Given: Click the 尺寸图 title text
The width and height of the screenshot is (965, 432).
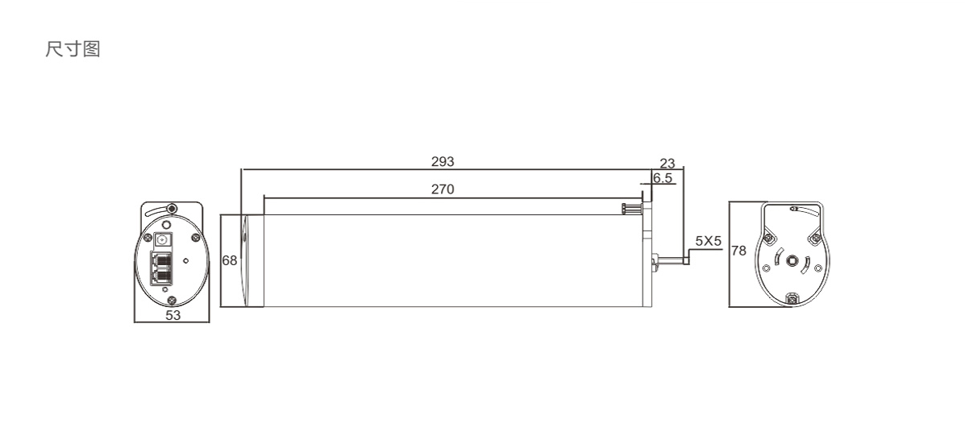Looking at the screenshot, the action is click(73, 48).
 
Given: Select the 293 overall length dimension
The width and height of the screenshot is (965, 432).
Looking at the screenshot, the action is click(443, 162).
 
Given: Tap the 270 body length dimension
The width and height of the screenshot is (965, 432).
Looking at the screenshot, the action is click(443, 189).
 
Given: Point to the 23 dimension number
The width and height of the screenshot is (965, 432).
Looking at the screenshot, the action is click(668, 164).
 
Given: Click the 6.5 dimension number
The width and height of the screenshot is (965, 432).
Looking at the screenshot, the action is click(663, 178).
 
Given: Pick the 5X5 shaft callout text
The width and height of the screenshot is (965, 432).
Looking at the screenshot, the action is click(708, 241).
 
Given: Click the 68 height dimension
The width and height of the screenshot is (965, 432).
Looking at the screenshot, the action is click(230, 261).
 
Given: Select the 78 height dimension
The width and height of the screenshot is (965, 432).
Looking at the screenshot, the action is click(738, 251).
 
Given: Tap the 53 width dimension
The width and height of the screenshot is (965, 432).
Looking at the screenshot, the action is click(173, 315).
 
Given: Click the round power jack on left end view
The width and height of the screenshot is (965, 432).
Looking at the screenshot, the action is click(163, 241).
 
